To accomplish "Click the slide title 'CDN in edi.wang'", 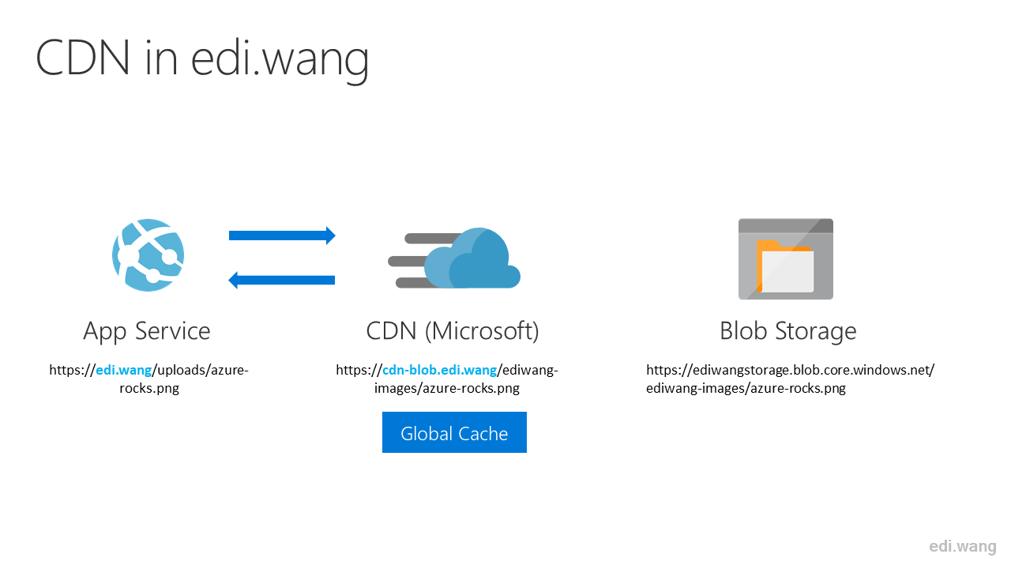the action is (x=202, y=59).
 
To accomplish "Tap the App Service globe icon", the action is (x=148, y=255).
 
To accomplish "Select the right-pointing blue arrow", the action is (x=282, y=236).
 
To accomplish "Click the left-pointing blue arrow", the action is (x=282, y=280).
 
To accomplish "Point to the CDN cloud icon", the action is (x=454, y=258).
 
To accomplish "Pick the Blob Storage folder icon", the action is (x=786, y=258).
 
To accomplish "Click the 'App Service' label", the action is (x=147, y=331).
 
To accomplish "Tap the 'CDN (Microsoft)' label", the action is (x=453, y=331).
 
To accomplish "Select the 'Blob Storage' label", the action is (x=788, y=331).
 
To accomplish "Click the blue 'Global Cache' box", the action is (x=454, y=432).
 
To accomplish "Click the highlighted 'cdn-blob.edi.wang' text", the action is (x=440, y=371).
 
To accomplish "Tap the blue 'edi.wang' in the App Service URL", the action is (x=124, y=371).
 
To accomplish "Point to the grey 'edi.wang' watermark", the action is (x=963, y=546).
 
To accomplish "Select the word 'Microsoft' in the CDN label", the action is (x=482, y=331).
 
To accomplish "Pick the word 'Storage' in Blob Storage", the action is (x=816, y=332).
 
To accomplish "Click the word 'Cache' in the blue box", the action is (x=483, y=434).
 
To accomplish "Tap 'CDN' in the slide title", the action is (x=83, y=58).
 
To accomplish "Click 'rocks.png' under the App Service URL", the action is (x=149, y=388).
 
